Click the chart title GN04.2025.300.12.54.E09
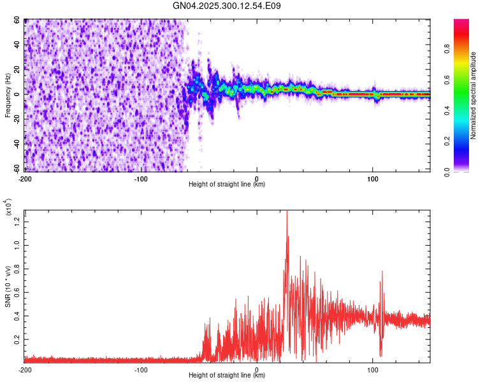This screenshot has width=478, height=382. pyautogui.click(x=227, y=6)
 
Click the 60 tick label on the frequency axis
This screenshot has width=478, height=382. pyautogui.click(x=18, y=20)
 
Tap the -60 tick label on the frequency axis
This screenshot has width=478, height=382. pyautogui.click(x=17, y=169)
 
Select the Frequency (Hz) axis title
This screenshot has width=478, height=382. pyautogui.click(x=8, y=95)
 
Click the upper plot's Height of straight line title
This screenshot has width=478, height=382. pyautogui.click(x=227, y=185)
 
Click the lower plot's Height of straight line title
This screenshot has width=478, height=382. pyautogui.click(x=227, y=376)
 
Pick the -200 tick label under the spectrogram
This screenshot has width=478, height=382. pyautogui.click(x=25, y=178)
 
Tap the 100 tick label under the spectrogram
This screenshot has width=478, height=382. pyautogui.click(x=373, y=178)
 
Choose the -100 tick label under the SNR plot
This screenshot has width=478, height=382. pyautogui.click(x=141, y=369)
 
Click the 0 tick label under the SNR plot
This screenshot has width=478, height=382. pyautogui.click(x=257, y=369)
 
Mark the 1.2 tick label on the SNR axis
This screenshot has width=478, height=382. pyautogui.click(x=17, y=220)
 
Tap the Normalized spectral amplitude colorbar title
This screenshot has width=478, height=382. pyautogui.click(x=473, y=95)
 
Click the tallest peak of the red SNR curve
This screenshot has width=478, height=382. pyautogui.click(x=287, y=211)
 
